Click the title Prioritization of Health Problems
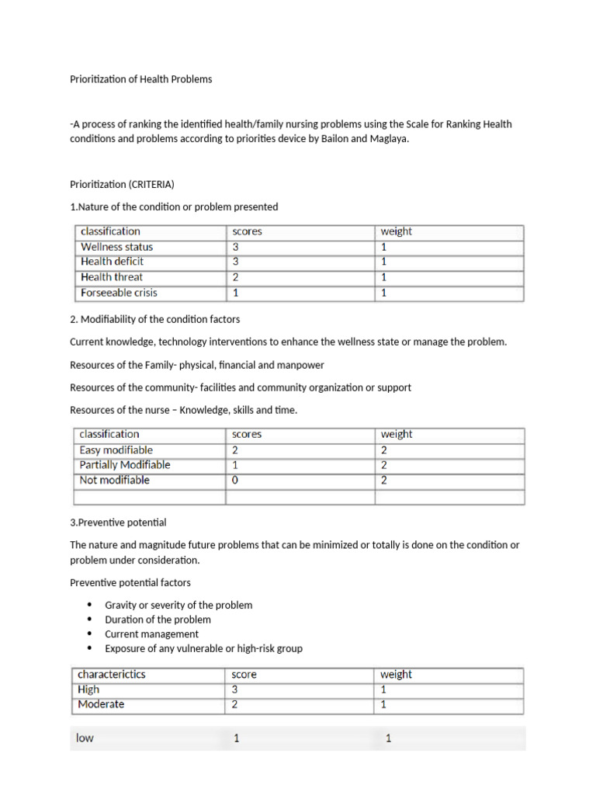(x=140, y=79)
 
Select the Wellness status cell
(x=117, y=247)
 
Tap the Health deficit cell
(x=113, y=262)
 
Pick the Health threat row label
(x=112, y=277)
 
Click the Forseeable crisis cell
(x=119, y=293)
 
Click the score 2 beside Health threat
(x=236, y=277)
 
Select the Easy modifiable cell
(x=116, y=450)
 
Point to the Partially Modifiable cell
(x=125, y=465)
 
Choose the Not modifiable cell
(x=115, y=480)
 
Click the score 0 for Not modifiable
(x=235, y=480)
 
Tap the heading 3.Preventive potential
(x=118, y=522)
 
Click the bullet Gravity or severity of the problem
(x=178, y=605)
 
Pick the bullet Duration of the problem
(x=158, y=620)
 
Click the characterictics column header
(x=112, y=675)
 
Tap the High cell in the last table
(x=89, y=689)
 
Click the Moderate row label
(x=101, y=705)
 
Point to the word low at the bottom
(x=85, y=738)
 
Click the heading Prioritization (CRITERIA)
(x=122, y=184)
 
